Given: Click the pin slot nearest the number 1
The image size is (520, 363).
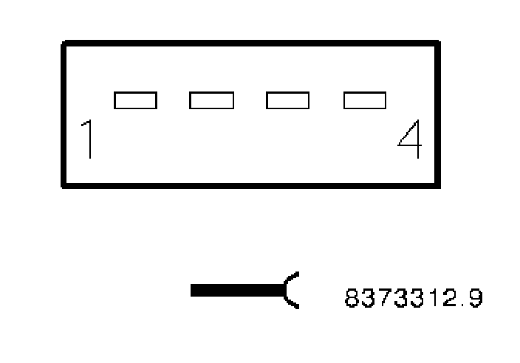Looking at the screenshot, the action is [135, 100].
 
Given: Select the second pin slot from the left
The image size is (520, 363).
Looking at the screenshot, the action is [212, 100].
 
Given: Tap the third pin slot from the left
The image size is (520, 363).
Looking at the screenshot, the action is [287, 100].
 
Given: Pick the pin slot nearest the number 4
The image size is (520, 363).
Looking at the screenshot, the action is [365, 100].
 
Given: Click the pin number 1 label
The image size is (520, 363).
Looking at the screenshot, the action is [89, 140].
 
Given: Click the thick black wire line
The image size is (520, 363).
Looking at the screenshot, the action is [236, 291].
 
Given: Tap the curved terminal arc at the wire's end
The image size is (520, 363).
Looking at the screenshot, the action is [290, 291].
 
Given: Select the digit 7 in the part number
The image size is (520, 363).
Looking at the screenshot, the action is [384, 298].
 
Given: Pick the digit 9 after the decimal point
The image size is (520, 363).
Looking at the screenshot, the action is [475, 298].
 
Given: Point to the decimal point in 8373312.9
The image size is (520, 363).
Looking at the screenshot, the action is [462, 305].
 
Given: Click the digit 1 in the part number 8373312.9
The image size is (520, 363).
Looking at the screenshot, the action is [434, 298].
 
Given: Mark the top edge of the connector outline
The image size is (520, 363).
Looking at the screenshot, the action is [251, 44].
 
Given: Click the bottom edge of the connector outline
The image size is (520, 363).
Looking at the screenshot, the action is [251, 185].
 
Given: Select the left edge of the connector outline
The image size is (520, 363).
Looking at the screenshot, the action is [64, 114].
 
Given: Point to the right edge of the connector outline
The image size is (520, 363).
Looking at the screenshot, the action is [438, 114].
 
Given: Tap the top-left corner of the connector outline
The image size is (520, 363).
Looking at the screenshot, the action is [64, 44].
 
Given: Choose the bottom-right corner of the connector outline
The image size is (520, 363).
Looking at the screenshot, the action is [438, 185].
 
